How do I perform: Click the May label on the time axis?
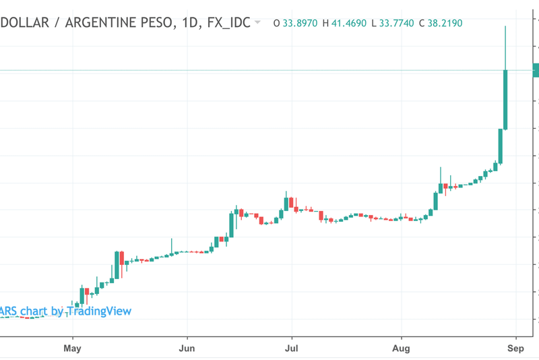tap(72, 348)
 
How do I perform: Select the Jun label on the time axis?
tap(187, 348)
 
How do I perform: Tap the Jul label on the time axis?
tap(291, 348)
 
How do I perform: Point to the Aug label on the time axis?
tap(401, 348)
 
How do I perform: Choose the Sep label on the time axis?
tap(515, 348)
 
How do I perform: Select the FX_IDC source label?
tap(226, 23)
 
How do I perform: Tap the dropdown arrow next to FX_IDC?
tap(258, 23)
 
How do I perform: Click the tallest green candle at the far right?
tap(505, 99)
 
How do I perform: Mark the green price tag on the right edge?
tap(536, 70)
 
